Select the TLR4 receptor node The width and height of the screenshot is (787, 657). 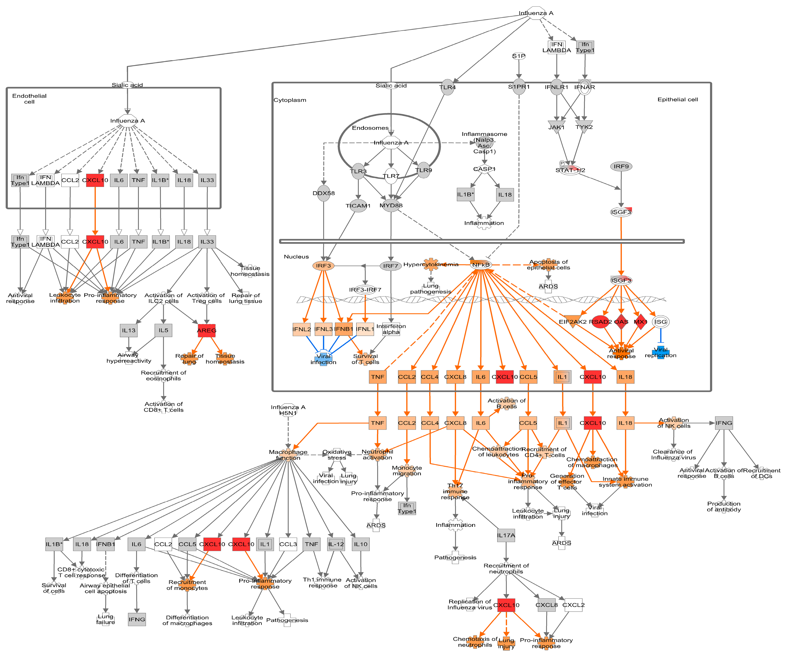click(x=447, y=87)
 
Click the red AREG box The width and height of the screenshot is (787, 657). click(x=207, y=330)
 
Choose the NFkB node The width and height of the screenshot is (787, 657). click(x=481, y=265)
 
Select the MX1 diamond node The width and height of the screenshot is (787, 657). click(x=640, y=322)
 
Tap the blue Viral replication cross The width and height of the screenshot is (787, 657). click(x=660, y=353)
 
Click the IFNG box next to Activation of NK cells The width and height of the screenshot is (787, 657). click(x=724, y=423)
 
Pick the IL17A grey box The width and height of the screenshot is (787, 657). click(x=506, y=536)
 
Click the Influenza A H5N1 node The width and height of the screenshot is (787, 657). click(x=288, y=410)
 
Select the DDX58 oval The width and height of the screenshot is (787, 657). click(x=323, y=193)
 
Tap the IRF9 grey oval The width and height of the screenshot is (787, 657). click(x=621, y=166)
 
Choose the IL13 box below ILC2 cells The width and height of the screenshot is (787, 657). click(x=128, y=330)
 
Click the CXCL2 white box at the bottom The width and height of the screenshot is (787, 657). click(x=573, y=605)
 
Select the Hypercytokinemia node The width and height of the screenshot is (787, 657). click(x=431, y=264)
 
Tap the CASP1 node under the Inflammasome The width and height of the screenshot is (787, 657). click(x=484, y=169)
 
